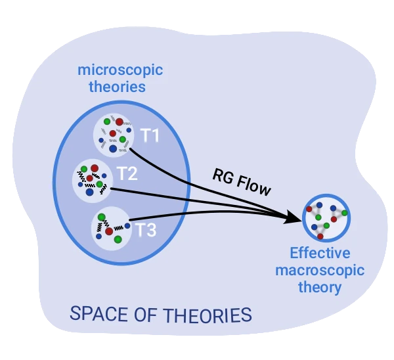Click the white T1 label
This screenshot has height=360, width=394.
tap(150, 137)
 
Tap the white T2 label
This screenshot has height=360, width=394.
tap(127, 174)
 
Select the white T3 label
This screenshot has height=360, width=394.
tap(147, 230)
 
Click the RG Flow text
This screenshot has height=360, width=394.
tap(241, 181)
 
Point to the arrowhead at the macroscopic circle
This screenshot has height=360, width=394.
tap(294, 217)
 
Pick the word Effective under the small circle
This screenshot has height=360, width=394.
tap(320, 254)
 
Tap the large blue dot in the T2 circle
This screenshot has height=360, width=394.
tap(89, 191)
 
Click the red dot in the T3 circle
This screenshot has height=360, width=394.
tap(109, 231)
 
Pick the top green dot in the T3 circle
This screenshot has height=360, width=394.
tap(101, 217)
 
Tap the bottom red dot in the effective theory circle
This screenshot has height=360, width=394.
tap(320, 235)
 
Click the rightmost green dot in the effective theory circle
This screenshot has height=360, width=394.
tap(344, 213)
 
